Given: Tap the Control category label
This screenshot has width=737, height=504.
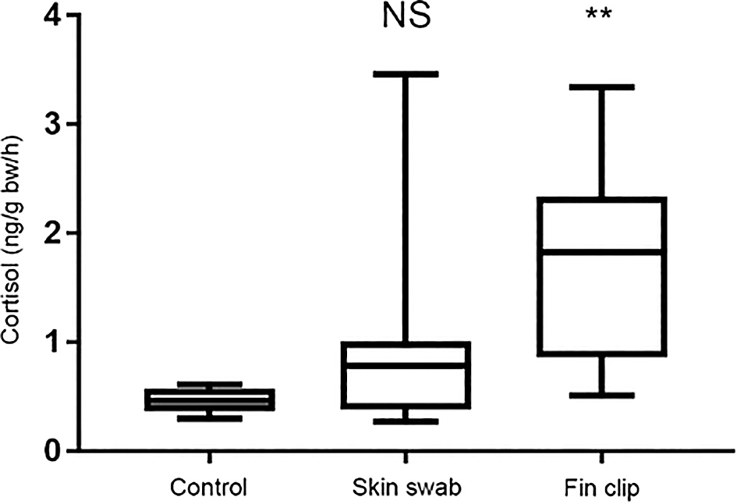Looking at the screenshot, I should [208, 488].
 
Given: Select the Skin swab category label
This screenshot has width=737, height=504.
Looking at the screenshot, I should [406, 488].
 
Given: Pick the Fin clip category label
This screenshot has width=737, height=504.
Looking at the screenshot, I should [602, 488].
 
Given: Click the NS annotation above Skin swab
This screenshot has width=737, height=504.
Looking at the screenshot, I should [406, 17].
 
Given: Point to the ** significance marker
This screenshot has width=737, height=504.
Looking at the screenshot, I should [601, 17].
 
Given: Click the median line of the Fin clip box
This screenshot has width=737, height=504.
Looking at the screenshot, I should [601, 252].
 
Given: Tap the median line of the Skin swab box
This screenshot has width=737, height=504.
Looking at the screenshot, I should [406, 364].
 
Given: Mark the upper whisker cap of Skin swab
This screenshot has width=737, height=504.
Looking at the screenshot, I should [406, 74].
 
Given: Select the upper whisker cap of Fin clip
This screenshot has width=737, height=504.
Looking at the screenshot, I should [601, 87].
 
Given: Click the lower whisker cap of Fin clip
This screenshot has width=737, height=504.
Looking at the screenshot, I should [601, 396].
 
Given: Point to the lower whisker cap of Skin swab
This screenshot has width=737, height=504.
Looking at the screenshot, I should [406, 421].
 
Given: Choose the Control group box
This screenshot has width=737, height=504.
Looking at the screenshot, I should [208, 399].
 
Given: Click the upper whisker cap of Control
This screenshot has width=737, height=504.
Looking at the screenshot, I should [208, 384].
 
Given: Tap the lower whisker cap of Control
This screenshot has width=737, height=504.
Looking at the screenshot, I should [208, 419].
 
